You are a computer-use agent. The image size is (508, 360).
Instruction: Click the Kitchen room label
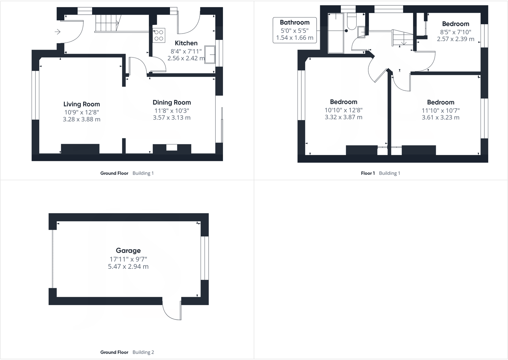186,43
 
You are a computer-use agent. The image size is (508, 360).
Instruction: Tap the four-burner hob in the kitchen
159,35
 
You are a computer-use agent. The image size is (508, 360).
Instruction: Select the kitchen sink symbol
210,55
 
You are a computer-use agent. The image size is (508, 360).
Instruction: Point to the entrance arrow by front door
58,32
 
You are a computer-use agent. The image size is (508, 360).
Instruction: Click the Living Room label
81,104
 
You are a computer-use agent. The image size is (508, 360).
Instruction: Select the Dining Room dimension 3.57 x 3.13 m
172,118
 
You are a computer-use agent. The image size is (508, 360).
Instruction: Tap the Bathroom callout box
294,30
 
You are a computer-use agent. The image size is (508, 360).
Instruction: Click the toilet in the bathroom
351,22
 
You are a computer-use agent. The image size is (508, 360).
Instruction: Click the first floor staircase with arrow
403,38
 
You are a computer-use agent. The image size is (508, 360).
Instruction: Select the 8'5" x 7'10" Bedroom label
455,24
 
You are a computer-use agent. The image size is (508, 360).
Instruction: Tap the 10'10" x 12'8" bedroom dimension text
343,110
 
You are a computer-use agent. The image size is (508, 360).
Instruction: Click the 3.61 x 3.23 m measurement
441,118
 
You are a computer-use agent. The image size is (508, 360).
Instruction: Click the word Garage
128,251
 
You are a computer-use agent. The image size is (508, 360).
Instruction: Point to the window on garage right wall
204,258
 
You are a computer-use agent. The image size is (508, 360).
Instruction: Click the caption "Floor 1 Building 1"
380,173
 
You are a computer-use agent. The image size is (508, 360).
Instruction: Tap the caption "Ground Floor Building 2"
127,352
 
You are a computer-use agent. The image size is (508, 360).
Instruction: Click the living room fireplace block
80,149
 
